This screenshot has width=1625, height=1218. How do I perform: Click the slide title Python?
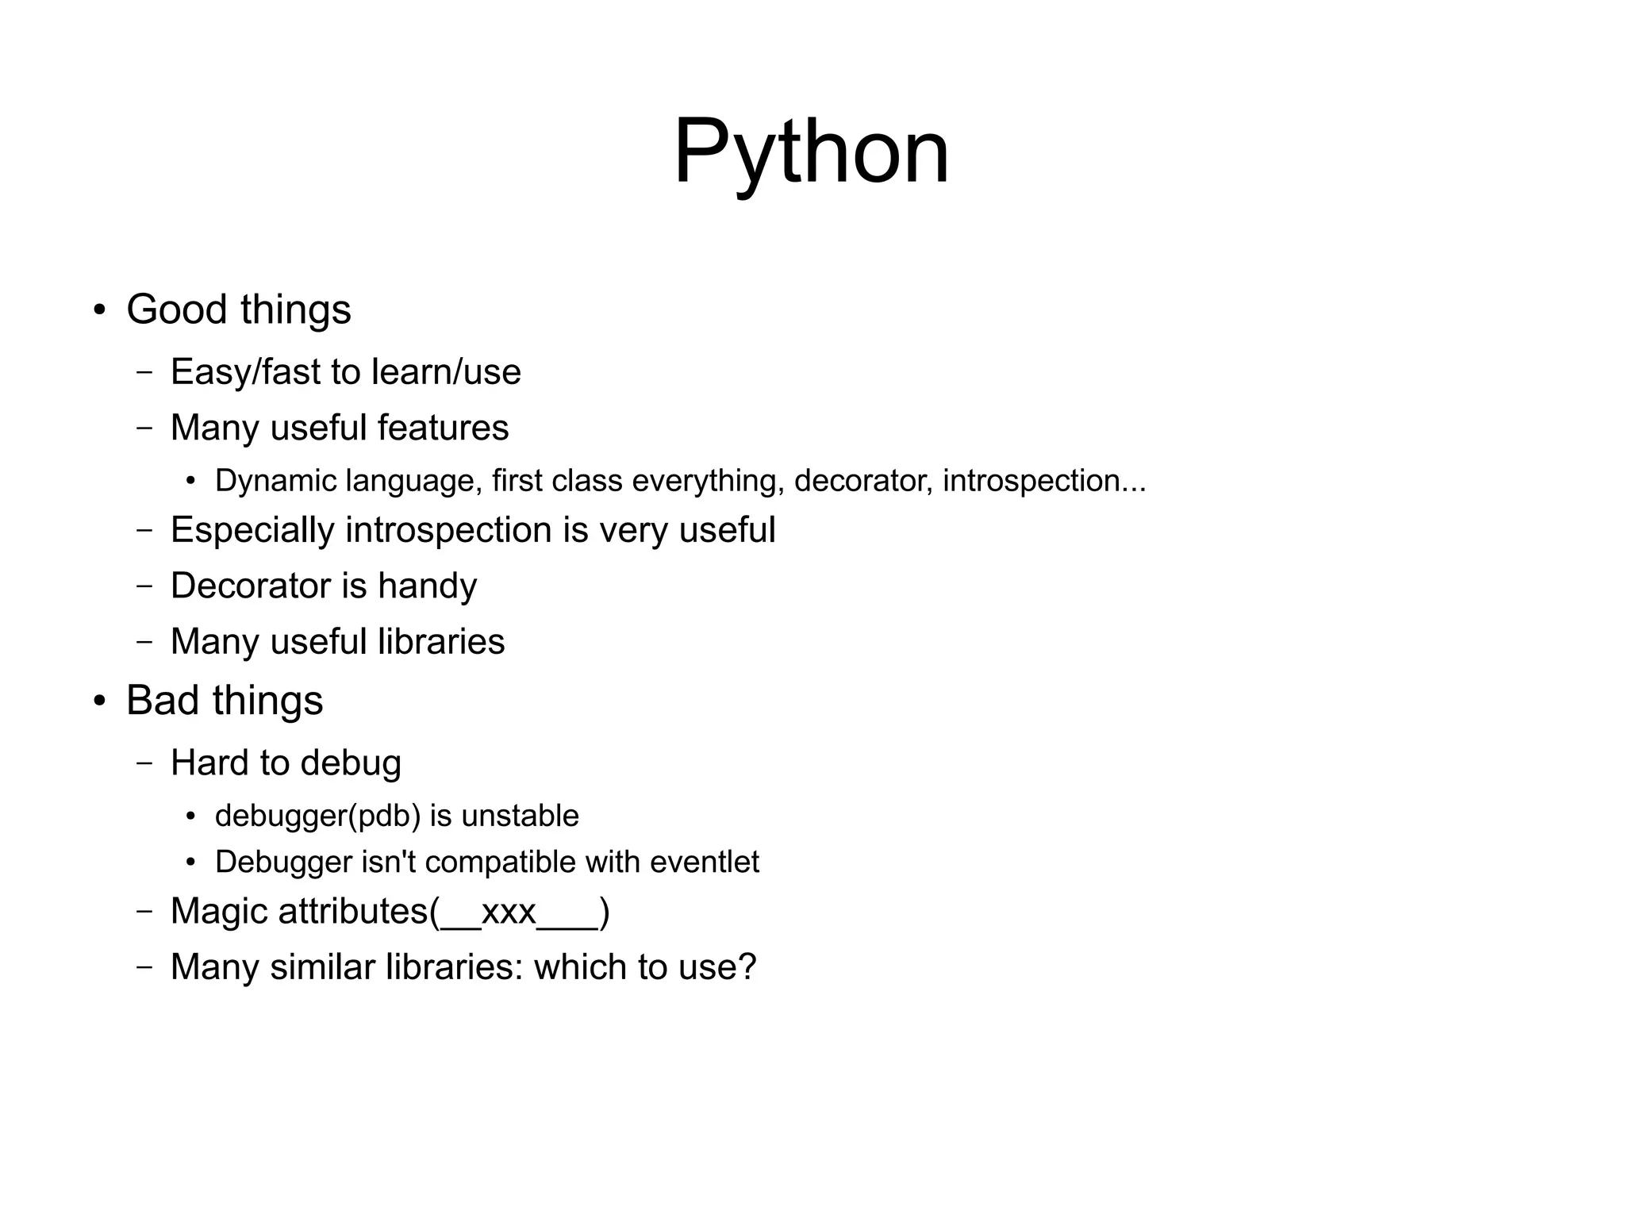point(811,151)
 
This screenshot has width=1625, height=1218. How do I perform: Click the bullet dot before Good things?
point(99,310)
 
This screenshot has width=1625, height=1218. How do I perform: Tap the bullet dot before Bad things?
point(99,701)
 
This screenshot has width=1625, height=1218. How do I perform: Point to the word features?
point(443,428)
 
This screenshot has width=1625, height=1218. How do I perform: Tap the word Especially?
point(252,530)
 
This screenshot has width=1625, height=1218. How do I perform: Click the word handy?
point(427,586)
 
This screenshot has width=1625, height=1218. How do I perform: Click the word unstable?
point(520,816)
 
